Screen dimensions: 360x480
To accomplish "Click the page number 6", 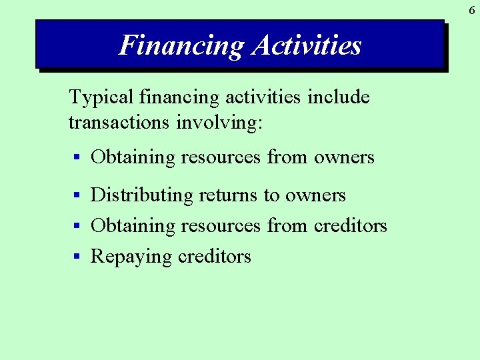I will (x=471, y=10).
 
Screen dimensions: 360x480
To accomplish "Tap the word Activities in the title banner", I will (x=307, y=45).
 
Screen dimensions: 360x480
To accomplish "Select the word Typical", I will (x=102, y=98).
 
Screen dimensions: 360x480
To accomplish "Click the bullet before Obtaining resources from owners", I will (x=77, y=158).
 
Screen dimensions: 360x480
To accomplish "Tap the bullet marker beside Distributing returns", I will (x=77, y=195).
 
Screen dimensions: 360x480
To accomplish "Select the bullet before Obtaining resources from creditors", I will (x=77, y=226).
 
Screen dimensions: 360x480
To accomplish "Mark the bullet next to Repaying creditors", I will (x=77, y=257).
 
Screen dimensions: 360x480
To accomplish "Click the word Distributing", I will (x=141, y=195).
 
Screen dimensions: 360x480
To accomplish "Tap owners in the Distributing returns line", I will (x=315, y=195).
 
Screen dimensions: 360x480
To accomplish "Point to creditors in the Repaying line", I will (x=214, y=257).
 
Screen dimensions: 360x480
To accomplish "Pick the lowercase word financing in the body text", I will (x=179, y=98).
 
